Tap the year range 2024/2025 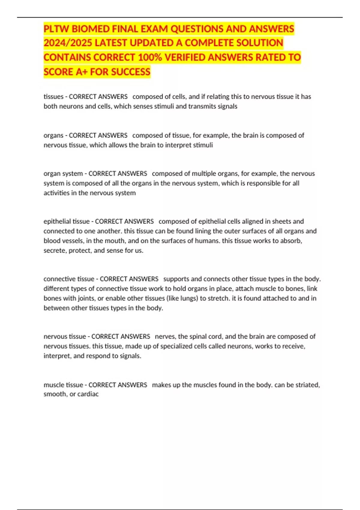68,43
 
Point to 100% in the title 150,57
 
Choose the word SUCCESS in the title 131,72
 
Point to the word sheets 282,221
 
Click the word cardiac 88,394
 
